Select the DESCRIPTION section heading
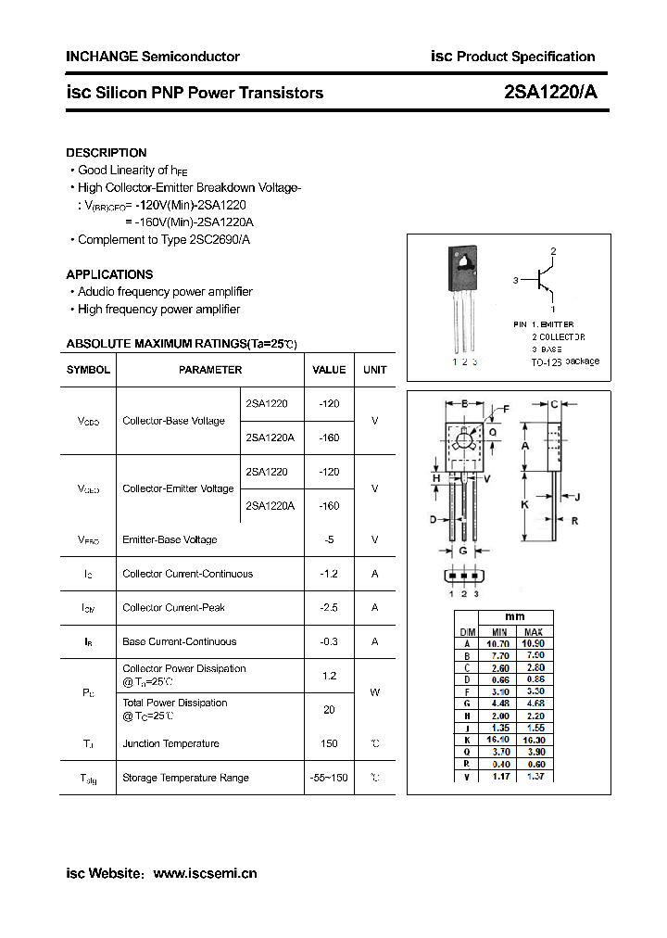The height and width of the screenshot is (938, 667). click(106, 153)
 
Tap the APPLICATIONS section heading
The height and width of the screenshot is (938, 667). click(109, 274)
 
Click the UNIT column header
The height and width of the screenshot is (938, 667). click(375, 370)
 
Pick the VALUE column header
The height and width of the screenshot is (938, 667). click(329, 370)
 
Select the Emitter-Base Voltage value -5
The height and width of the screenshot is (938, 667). click(329, 539)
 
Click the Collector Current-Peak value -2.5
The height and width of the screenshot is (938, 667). click(329, 607)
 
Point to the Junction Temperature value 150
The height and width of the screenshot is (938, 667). click(329, 743)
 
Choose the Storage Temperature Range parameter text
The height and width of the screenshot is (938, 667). click(185, 778)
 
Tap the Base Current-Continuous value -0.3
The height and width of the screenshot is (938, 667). click(329, 641)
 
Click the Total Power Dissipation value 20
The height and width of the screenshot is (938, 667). click(329, 709)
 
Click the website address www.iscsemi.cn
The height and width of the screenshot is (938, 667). click(205, 873)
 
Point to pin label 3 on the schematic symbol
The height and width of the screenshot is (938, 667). click(515, 279)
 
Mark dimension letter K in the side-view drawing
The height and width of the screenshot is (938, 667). click(525, 504)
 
